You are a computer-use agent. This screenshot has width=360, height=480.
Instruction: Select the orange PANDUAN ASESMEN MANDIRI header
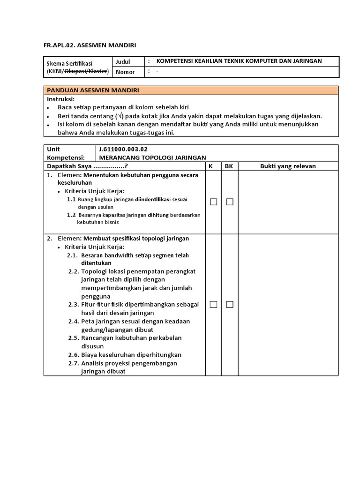(92, 90)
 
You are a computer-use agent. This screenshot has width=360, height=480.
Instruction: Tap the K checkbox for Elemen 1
(213, 202)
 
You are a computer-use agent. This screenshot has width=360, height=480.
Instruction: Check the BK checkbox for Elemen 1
(230, 202)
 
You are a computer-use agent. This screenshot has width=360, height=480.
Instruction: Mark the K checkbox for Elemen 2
(213, 305)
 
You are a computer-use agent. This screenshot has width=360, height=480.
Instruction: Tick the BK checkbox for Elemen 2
(230, 305)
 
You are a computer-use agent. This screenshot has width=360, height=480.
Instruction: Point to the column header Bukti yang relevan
(288, 166)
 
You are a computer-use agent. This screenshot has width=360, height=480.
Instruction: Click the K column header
(211, 166)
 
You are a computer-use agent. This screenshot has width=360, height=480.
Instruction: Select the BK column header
(229, 166)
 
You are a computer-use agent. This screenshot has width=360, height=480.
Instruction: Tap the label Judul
(123, 61)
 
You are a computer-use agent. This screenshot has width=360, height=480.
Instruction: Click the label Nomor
(125, 72)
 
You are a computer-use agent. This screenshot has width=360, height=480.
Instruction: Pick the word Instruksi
(60, 99)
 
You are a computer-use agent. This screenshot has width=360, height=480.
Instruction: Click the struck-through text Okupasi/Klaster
(86, 71)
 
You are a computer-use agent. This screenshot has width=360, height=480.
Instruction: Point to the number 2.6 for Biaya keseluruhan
(73, 355)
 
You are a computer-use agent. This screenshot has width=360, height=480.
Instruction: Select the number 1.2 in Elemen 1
(71, 215)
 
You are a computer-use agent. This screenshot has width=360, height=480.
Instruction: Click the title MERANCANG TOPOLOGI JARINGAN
(152, 157)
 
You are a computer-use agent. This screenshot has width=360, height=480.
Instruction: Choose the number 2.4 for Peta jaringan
(73, 322)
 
